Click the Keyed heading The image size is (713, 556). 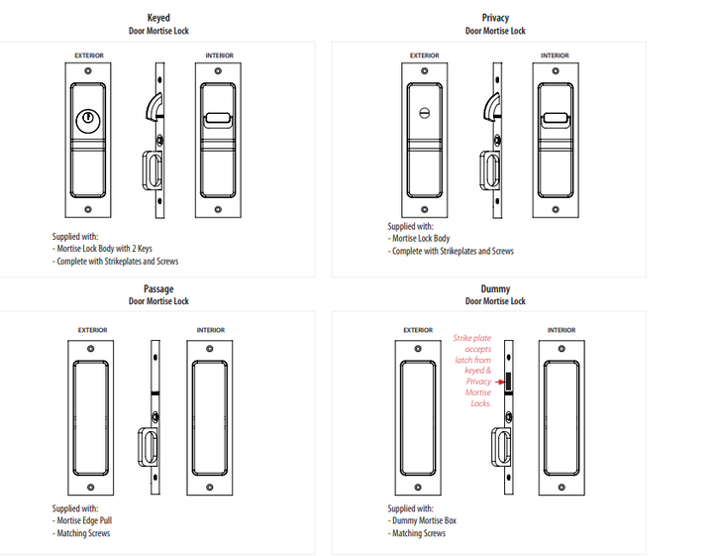tap(158, 18)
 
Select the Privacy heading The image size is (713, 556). tap(495, 18)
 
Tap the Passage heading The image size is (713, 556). tap(158, 289)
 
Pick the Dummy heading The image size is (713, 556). tap(495, 289)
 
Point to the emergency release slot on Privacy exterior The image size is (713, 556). tap(425, 110)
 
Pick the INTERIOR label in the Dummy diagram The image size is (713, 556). tap(562, 330)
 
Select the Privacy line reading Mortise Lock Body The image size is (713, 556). tap(422, 239)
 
